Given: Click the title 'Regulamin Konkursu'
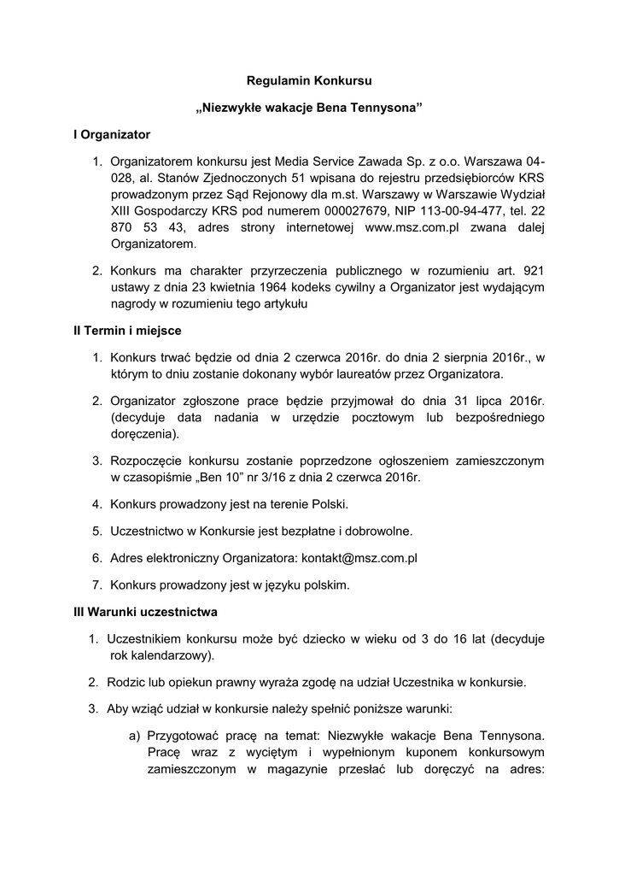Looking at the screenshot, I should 310,81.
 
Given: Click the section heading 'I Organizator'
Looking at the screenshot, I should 111,135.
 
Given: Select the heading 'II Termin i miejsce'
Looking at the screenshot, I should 127,329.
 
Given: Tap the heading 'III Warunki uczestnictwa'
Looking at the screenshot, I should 145,612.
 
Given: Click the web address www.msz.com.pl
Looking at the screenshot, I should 412,227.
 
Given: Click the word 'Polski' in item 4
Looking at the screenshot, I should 330,504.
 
